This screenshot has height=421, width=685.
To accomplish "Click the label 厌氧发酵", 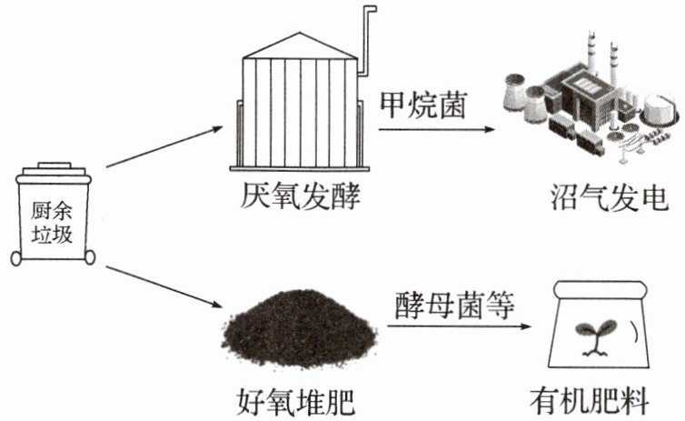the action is [301, 196].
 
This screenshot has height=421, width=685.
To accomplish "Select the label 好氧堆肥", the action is [296, 401].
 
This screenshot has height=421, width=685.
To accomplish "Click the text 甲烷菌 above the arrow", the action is [423, 105].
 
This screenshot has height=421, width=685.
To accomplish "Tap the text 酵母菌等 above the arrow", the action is [455, 305].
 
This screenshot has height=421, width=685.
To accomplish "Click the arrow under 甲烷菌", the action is [437, 129].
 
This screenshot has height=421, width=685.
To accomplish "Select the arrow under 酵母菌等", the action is [459, 326].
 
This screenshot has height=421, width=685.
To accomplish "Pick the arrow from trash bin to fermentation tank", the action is [164, 147].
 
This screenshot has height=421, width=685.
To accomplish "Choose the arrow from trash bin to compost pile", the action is [164, 286].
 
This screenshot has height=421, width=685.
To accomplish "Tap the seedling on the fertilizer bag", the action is [595, 337].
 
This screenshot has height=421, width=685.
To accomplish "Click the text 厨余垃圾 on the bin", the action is [52, 223].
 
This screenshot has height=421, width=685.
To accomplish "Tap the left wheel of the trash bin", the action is [15, 258].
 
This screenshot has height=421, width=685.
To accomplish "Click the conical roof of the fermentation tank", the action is [300, 45].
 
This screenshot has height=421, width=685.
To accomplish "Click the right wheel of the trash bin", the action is [90, 257].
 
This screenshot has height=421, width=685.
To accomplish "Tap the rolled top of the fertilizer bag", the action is [600, 289].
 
